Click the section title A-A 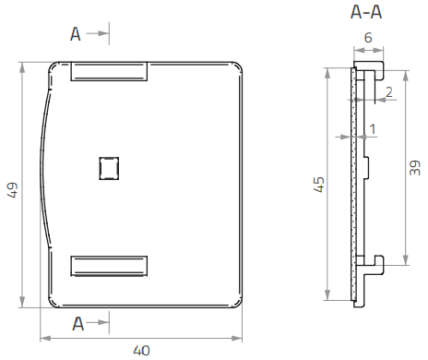tap(366, 12)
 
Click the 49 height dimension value tap(13, 190)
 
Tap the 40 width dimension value tap(141, 351)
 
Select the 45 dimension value tap(319, 185)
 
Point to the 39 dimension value tap(415, 168)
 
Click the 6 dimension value tap(368, 38)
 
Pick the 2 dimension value tap(389, 92)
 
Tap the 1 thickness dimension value tap(373, 129)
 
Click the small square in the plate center tap(109, 168)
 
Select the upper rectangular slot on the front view tap(109, 71)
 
